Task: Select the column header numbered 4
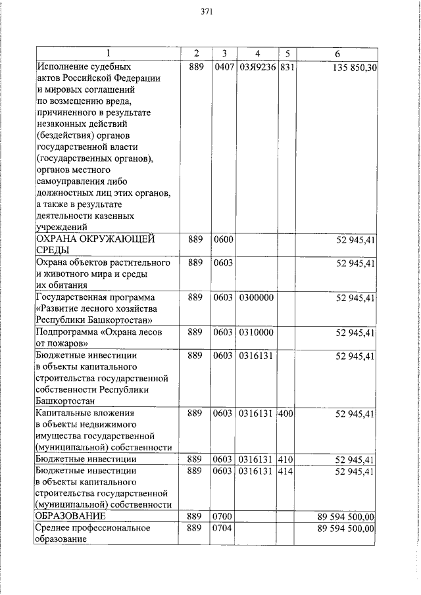257,53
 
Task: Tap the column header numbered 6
336,53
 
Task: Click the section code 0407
224,68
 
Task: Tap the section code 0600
224,240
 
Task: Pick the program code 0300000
256,298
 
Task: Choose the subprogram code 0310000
256,333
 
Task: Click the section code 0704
224,529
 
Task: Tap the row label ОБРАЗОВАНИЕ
70,517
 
